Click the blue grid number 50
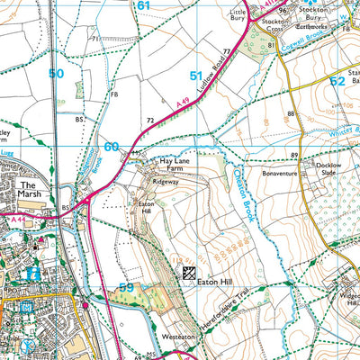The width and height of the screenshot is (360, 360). pyautogui.click(x=57, y=73)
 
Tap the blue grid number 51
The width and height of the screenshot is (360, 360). pyautogui.click(x=196, y=76)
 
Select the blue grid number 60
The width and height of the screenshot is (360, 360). pyautogui.click(x=111, y=147)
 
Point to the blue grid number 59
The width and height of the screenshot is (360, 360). pyautogui.click(x=126, y=288)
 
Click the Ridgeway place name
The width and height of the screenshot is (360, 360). pyautogui.click(x=166, y=181)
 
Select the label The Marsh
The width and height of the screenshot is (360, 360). pyautogui.click(x=34, y=189)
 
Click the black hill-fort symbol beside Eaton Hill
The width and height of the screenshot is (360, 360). pyautogui.click(x=189, y=272)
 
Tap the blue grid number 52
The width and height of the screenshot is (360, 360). pyautogui.click(x=337, y=80)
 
